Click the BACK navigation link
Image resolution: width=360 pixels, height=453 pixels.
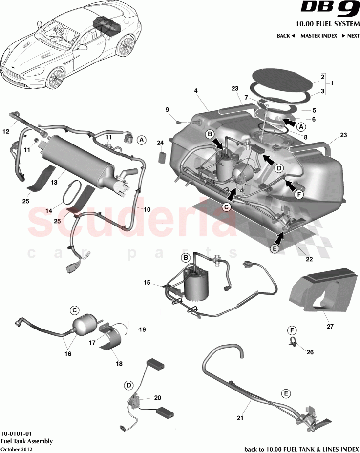tap(286, 36)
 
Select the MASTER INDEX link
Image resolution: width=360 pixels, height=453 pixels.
tap(318, 36)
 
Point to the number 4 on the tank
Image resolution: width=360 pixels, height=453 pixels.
tap(195, 91)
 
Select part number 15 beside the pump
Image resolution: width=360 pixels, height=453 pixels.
tap(147, 283)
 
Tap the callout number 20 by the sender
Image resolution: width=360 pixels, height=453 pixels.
tap(157, 398)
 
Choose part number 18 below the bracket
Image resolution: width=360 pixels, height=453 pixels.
tap(118, 364)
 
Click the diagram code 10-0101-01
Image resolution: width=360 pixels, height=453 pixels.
tap(17, 433)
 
